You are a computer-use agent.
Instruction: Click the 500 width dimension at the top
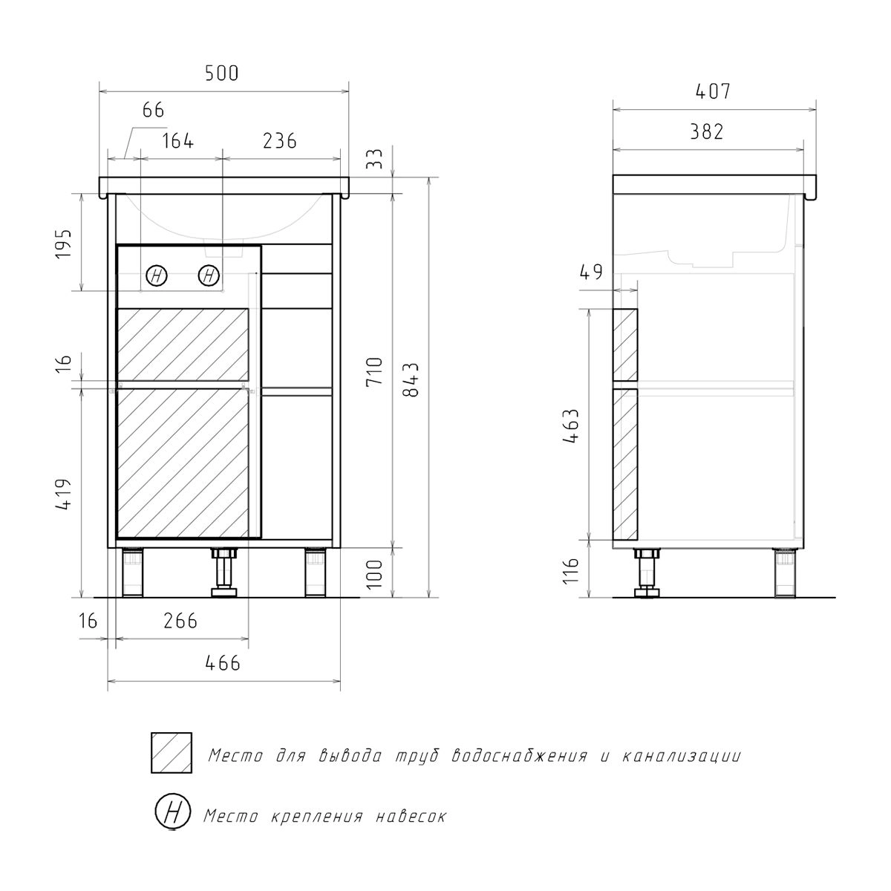pos(222,74)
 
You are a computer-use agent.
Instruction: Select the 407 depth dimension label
pos(714,91)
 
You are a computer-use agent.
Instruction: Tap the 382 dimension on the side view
pos(707,132)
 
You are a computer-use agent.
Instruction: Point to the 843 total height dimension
pos(411,379)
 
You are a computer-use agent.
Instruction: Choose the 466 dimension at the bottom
pos(223,664)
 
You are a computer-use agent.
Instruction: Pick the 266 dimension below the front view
pos(180,621)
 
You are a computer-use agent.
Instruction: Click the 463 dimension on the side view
pos(571,426)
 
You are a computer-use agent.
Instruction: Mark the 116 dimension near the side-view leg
pos(572,571)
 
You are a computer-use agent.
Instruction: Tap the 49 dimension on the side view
pos(591,272)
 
